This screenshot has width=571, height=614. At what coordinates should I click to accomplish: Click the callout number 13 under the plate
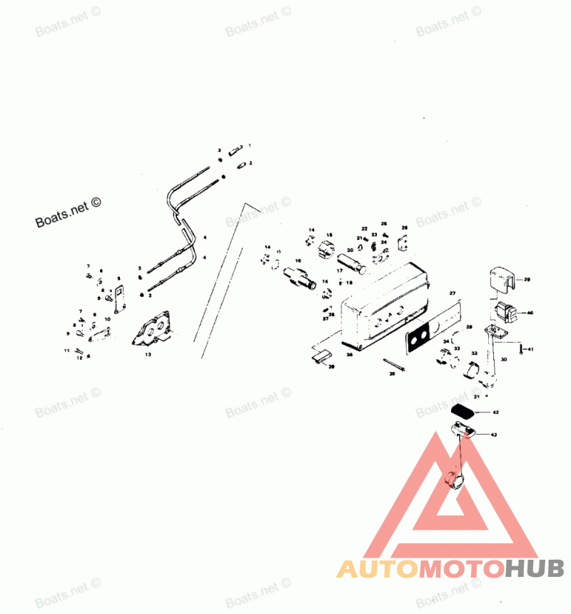tap(148, 353)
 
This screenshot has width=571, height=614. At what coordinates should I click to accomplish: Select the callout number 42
tap(495, 413)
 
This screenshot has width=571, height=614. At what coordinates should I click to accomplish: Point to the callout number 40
tap(530, 312)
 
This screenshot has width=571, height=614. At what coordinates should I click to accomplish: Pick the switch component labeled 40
tap(505, 311)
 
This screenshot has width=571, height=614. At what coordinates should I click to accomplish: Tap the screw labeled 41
tap(521, 348)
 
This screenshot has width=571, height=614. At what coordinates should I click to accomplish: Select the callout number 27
tap(451, 293)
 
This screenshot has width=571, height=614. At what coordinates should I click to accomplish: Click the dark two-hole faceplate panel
tap(420, 335)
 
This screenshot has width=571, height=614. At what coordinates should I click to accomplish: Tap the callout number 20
tap(350, 251)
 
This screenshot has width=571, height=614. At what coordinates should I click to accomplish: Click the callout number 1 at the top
tap(250, 146)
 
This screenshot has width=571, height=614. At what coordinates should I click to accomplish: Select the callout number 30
tap(504, 360)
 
